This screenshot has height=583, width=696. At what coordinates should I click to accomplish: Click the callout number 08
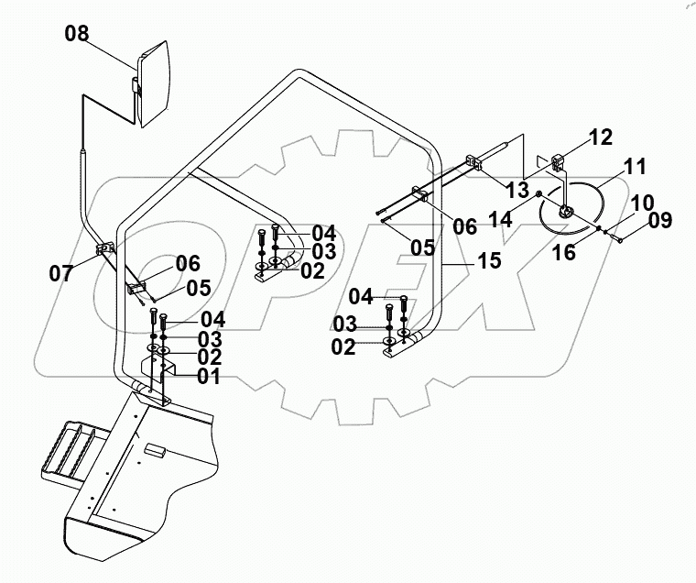pos(77,35)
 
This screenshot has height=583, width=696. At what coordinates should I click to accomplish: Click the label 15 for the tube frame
pos(489,261)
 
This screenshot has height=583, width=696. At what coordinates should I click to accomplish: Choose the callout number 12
pos(601,137)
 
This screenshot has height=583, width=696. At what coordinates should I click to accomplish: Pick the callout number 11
pos(635,167)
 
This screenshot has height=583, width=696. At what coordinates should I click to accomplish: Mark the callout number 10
pos(642,201)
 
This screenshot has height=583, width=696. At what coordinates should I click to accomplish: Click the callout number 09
pos(658,220)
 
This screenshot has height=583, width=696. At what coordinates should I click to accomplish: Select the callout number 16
pos(564,253)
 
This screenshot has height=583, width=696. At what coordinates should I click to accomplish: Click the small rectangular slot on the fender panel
pos(155,451)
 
